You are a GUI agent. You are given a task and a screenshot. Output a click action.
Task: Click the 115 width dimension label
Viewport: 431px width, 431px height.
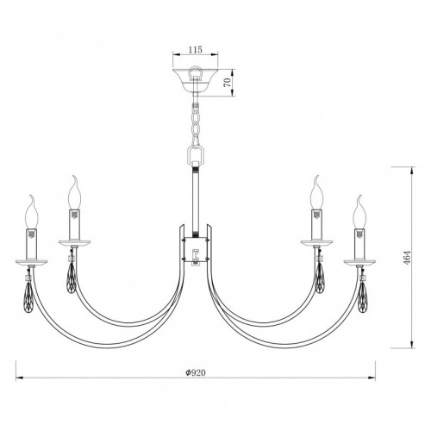point(196,49)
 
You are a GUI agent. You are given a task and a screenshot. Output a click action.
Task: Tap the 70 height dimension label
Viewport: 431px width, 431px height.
point(228,83)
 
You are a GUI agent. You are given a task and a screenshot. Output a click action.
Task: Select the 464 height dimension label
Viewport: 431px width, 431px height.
point(408,258)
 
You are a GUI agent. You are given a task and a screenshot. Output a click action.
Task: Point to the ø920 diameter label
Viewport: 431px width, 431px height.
point(196,372)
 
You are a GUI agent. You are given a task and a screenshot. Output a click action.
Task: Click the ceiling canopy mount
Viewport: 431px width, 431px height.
point(195,79)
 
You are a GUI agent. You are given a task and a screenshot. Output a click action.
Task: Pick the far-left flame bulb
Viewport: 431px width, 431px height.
point(32,212)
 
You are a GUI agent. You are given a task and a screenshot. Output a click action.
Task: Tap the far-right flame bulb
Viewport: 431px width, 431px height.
point(359,212)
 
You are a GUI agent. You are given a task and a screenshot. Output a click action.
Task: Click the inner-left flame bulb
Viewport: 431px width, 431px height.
point(75,192)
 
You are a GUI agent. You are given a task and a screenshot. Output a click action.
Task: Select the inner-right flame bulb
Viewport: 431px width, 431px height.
point(316,192)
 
